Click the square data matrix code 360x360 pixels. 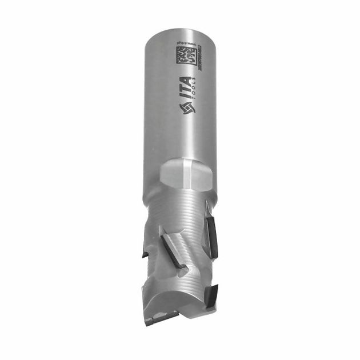click(x=185, y=57)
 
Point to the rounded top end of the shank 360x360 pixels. click(x=178, y=29)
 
